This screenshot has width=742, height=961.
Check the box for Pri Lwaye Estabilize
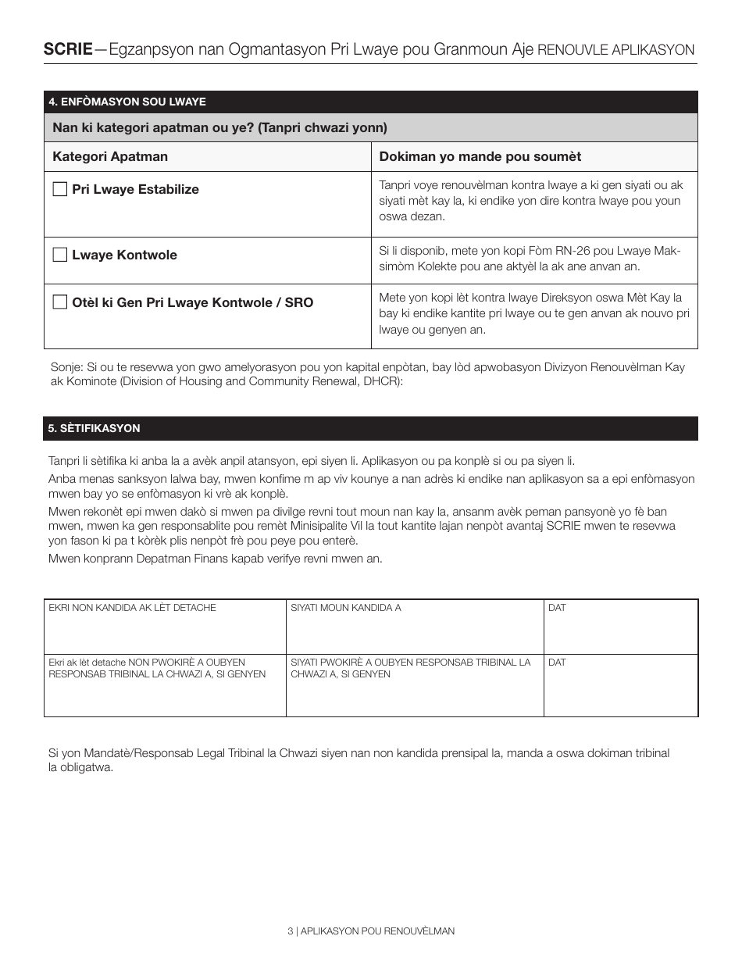59,189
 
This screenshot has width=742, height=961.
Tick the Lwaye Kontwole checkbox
59,255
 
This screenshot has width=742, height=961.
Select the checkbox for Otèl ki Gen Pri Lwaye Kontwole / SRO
59,302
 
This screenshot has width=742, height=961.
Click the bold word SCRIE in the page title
68,49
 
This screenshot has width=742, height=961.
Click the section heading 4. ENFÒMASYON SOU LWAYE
127,102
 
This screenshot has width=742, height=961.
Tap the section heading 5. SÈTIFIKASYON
95,428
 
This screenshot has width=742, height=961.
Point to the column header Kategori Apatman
110,156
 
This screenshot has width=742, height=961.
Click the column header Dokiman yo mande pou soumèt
480,156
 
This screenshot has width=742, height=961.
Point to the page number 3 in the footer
290,931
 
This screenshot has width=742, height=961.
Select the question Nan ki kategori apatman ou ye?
219,127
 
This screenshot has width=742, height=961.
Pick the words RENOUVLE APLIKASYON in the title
616,50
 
